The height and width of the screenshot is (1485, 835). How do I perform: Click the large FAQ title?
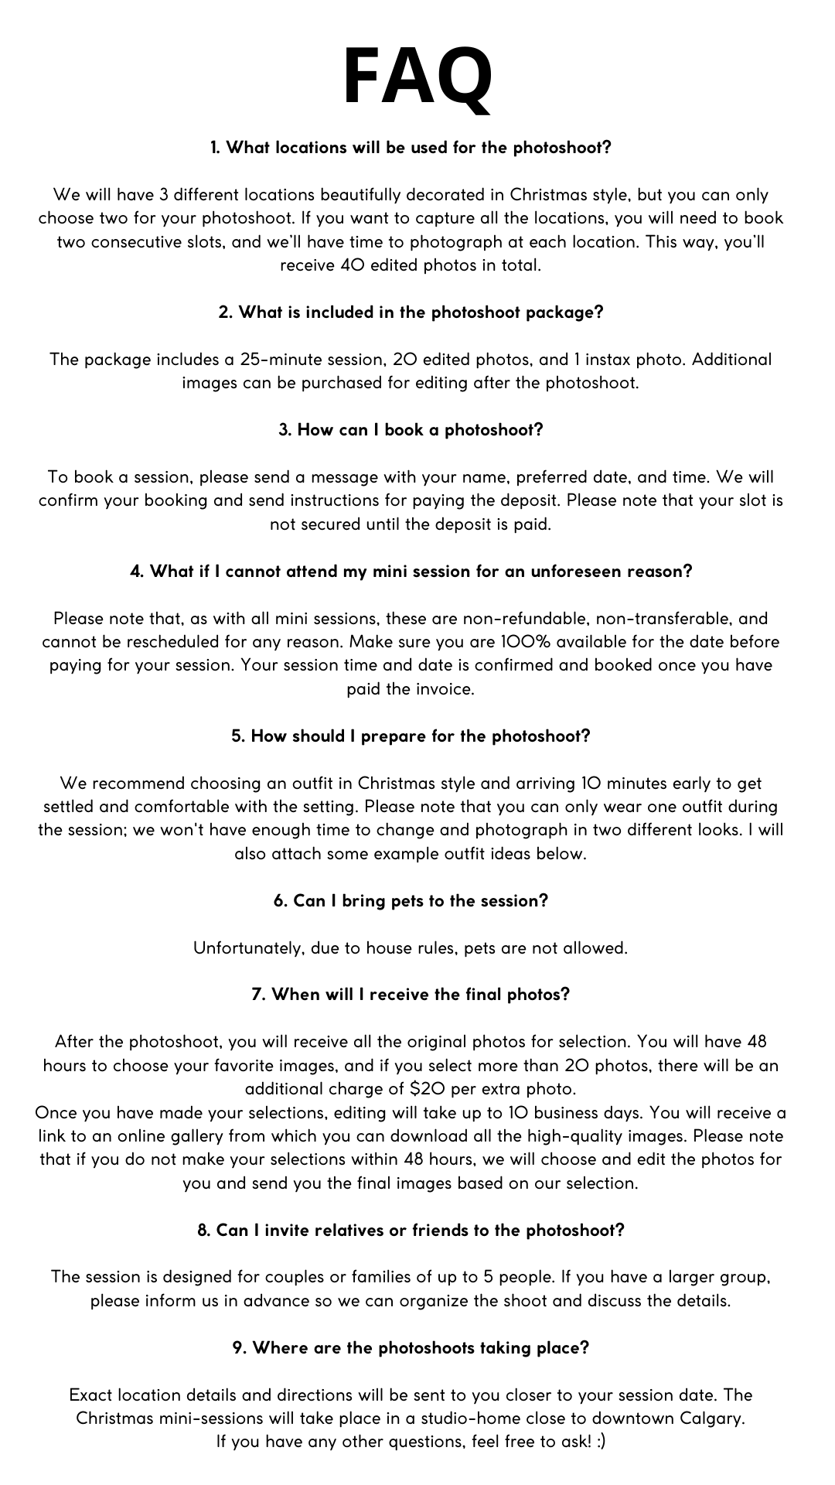click(x=417, y=77)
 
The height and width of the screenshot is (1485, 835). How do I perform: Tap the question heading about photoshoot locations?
click(x=411, y=148)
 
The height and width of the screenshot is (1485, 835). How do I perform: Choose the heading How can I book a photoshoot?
click(x=411, y=430)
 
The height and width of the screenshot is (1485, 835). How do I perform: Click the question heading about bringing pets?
click(x=411, y=901)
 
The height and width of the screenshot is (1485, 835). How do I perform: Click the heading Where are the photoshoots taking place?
click(x=411, y=1347)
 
